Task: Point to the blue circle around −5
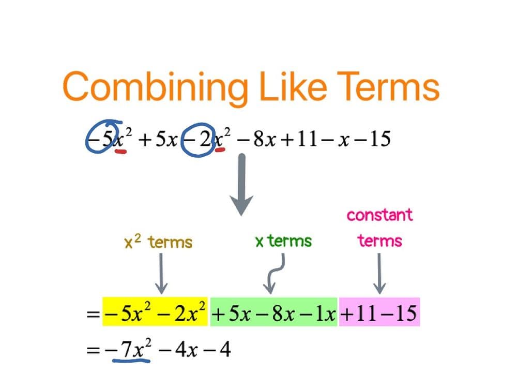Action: tap(102, 137)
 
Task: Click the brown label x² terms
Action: tap(158, 242)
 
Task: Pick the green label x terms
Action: tap(283, 241)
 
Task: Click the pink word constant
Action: tap(380, 214)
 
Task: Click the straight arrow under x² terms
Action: tap(161, 273)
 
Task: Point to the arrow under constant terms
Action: tap(380, 273)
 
